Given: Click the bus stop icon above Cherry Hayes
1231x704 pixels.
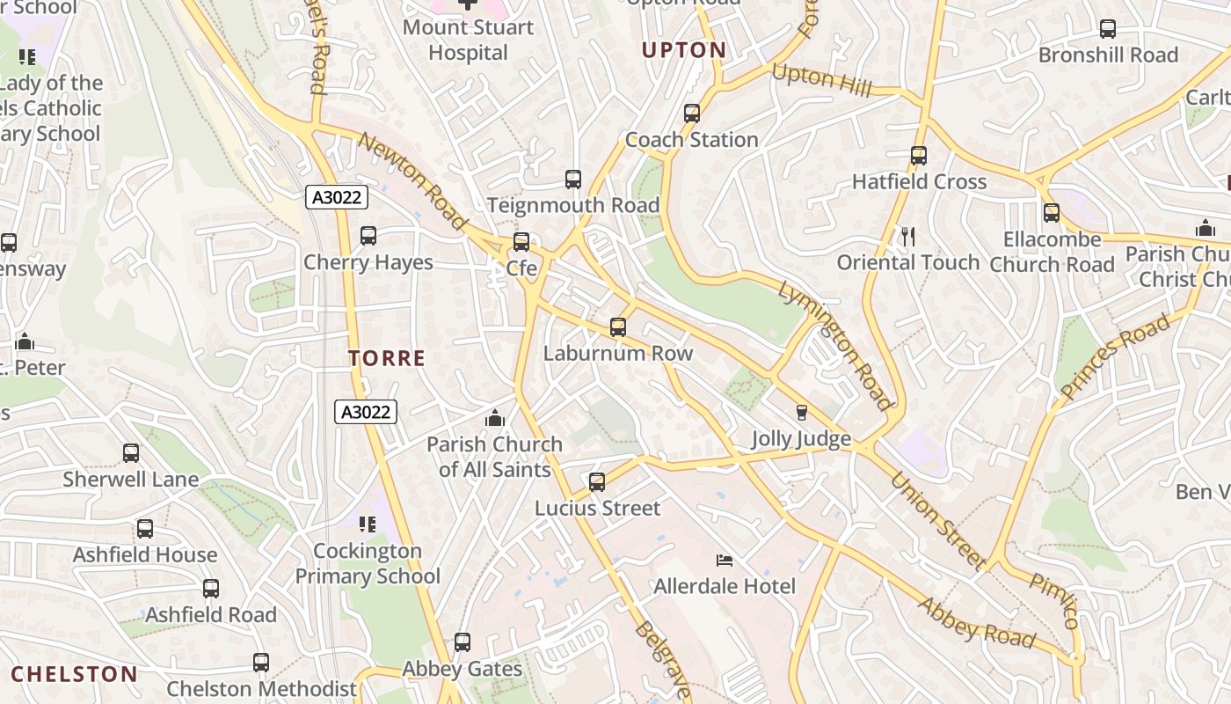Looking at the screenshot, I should click(x=368, y=236).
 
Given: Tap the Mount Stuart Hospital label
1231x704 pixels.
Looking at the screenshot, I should click(x=468, y=40).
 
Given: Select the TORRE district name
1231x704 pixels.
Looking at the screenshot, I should click(x=387, y=358).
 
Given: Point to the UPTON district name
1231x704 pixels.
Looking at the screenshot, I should click(x=684, y=50).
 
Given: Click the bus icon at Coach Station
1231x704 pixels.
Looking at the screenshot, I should click(x=692, y=114).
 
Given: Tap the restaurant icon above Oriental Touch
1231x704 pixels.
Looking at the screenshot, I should click(x=908, y=236).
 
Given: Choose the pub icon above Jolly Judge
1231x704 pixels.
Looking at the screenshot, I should click(x=801, y=413).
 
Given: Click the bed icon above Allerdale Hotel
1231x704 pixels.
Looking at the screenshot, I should click(x=725, y=561).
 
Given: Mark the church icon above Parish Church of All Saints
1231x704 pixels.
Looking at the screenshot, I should click(x=495, y=418).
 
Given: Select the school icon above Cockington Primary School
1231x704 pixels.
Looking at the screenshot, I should click(x=368, y=524).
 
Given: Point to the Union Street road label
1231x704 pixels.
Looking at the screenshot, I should click(x=937, y=520).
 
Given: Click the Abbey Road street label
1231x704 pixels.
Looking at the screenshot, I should click(x=977, y=621).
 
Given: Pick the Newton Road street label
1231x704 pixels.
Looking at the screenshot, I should click(x=412, y=181).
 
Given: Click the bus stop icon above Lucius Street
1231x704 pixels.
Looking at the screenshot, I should click(x=597, y=482).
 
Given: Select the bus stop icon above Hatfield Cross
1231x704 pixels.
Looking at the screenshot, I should click(x=919, y=156).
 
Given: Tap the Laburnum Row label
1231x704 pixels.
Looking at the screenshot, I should click(x=618, y=354).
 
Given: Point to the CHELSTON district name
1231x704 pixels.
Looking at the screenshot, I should click(x=75, y=675).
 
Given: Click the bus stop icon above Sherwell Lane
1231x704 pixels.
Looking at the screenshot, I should click(x=131, y=453).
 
